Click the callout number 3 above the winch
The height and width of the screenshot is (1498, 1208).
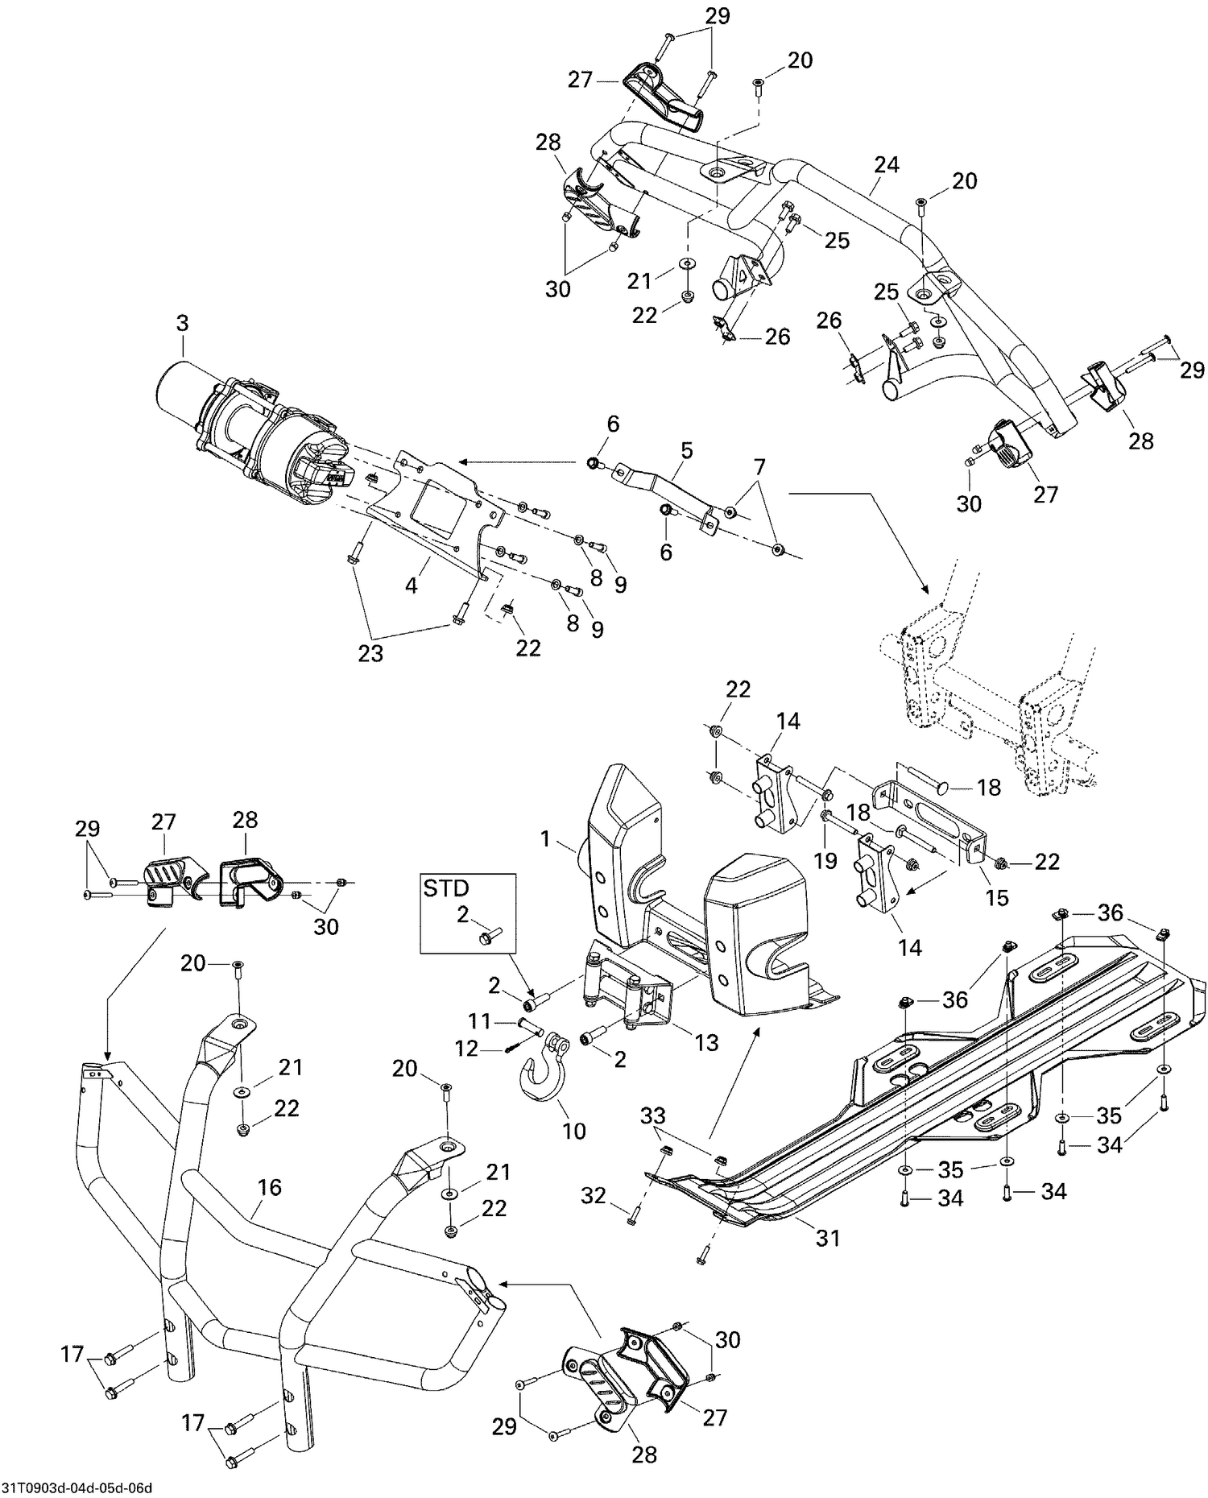(x=182, y=323)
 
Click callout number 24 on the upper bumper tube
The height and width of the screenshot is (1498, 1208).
(x=886, y=165)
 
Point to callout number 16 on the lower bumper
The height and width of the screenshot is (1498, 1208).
(x=270, y=1187)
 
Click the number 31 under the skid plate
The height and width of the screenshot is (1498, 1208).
(x=827, y=1238)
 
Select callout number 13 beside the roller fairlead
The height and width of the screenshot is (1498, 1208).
(x=706, y=1043)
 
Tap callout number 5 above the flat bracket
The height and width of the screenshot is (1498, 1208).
(x=685, y=450)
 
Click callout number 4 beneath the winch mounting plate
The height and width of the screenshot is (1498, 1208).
(x=412, y=586)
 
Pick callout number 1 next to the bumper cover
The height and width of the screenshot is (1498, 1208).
(x=545, y=840)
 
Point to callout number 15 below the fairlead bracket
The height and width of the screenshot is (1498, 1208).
(x=997, y=897)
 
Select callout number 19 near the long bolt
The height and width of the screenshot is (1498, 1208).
(x=825, y=861)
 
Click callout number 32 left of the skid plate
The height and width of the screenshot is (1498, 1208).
(x=594, y=1197)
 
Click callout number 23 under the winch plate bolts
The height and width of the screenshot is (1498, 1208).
(x=370, y=653)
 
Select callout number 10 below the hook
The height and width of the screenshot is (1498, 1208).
(x=573, y=1131)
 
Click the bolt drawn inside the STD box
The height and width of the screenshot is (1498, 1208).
(x=488, y=936)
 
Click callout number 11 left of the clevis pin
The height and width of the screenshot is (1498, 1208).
(x=480, y=1022)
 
